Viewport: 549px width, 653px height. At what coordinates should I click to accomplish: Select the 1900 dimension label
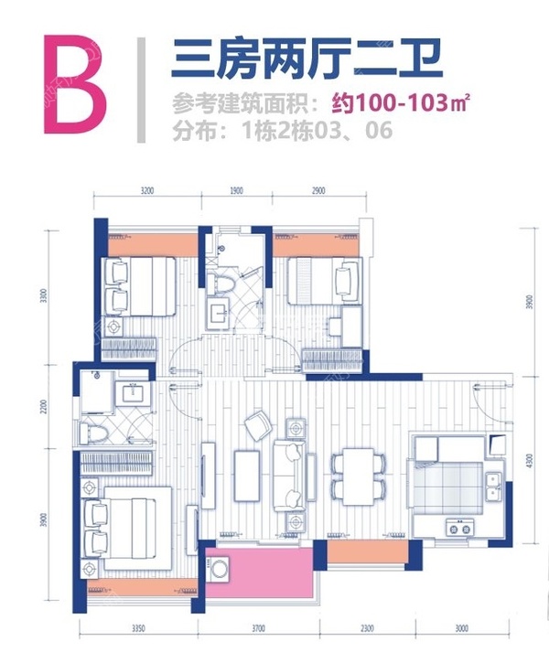pos(235,192)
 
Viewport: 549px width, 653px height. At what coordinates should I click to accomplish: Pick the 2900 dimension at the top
pos(317,192)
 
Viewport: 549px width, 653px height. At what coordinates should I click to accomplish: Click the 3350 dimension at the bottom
pos(139,628)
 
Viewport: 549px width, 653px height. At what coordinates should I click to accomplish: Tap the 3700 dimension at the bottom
pos(257,628)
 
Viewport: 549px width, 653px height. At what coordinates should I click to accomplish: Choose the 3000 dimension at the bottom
pos(461,628)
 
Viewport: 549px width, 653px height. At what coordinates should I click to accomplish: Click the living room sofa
pos(291,474)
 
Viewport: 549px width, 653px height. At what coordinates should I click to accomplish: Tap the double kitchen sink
pos(492,486)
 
